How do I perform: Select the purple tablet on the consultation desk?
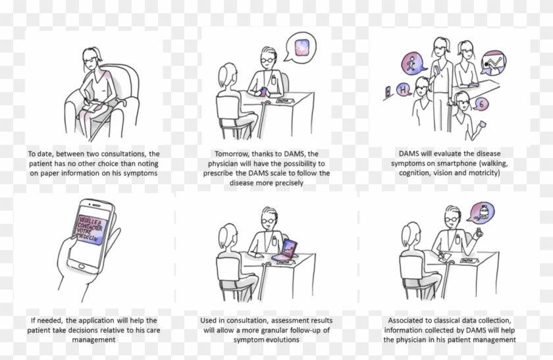pyautogui.click(x=288, y=248)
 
